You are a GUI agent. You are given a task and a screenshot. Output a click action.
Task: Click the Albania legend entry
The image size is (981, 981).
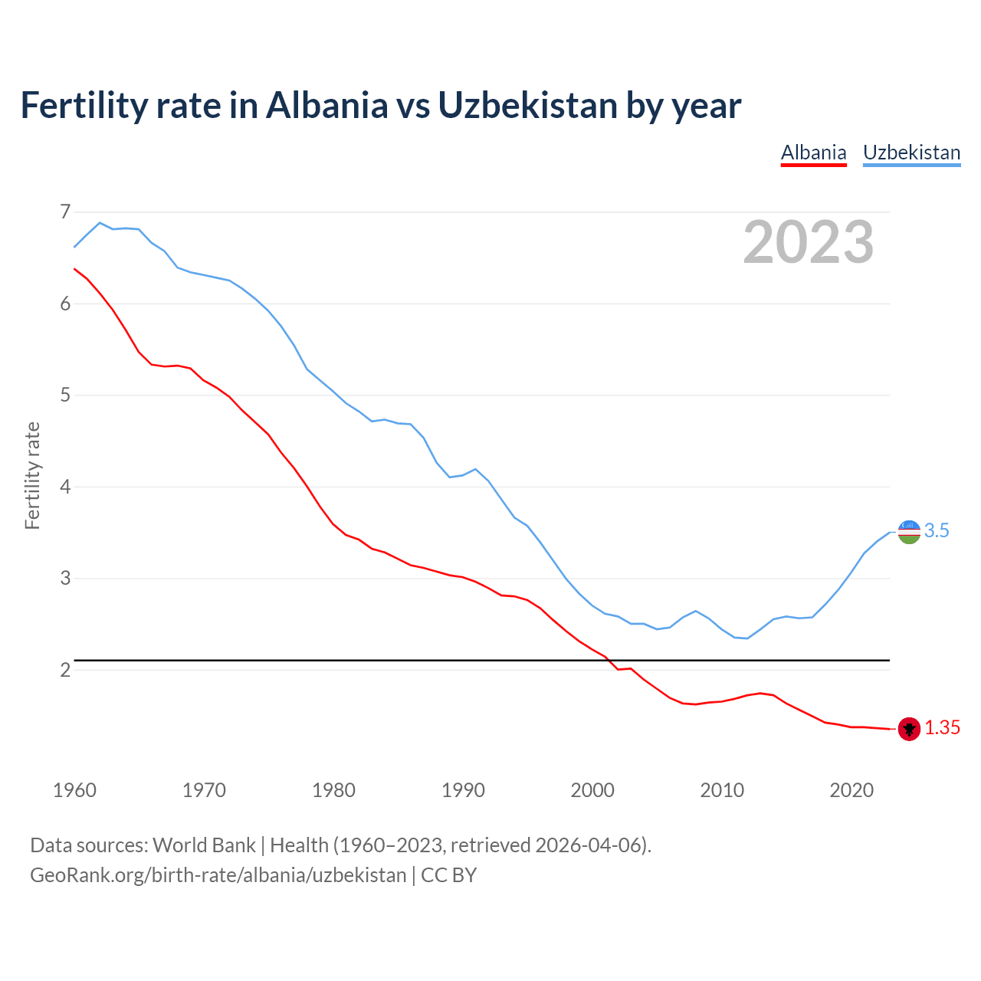tap(813, 153)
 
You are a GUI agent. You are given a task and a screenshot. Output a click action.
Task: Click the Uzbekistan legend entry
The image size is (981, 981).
tap(911, 153)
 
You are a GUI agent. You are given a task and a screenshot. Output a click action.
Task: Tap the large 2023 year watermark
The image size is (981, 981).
tap(809, 242)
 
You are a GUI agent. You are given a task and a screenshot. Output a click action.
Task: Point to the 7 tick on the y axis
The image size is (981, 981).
tap(65, 212)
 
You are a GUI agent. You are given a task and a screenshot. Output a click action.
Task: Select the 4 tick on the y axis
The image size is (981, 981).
tap(65, 487)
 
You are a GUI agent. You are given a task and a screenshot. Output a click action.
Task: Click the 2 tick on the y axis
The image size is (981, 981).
tap(65, 670)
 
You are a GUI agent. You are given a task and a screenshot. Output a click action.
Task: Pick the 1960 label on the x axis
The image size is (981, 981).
tap(74, 790)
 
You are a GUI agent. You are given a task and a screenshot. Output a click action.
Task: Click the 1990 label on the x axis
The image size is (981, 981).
tap(463, 790)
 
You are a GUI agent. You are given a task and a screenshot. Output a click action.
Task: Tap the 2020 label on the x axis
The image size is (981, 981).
tap(851, 790)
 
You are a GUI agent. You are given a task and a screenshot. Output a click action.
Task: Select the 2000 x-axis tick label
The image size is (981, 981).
tap(592, 790)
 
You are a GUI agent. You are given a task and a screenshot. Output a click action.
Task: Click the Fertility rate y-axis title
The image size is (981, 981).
tap(32, 475)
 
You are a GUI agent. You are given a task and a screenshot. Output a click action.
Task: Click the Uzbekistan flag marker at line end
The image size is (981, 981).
tap(909, 531)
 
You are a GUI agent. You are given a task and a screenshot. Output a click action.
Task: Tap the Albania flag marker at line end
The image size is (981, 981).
tap(909, 729)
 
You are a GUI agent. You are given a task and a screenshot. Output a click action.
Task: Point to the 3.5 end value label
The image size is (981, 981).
tap(937, 530)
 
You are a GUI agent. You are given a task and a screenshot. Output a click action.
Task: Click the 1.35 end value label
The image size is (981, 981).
tap(942, 728)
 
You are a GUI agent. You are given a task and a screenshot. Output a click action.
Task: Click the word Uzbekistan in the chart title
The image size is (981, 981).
tap(527, 105)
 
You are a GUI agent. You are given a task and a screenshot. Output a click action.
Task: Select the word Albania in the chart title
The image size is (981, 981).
tap(327, 105)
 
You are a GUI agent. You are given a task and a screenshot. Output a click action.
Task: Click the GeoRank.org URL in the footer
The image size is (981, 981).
tap(218, 874)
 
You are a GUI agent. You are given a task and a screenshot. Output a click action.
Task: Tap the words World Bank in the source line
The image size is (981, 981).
tap(204, 845)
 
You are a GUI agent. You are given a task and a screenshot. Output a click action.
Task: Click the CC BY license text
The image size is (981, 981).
tap(449, 874)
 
